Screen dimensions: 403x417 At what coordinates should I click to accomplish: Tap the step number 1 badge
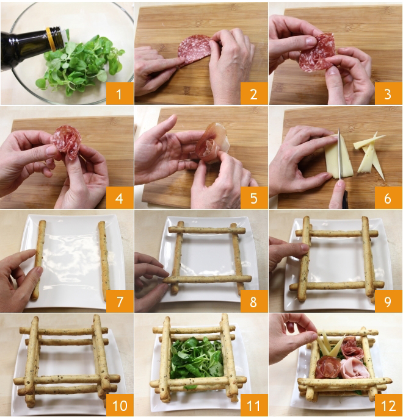click(x=120, y=93)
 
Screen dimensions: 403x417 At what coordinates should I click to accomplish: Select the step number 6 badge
click(x=388, y=198)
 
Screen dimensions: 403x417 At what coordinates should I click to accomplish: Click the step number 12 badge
click(x=388, y=405)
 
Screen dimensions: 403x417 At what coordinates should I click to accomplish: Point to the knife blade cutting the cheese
click(x=339, y=154)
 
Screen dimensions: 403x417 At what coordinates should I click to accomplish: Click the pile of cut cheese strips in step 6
click(x=369, y=155)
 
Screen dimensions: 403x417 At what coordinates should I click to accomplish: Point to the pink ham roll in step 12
click(x=355, y=368)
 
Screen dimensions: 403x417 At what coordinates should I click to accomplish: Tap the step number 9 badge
click(x=388, y=301)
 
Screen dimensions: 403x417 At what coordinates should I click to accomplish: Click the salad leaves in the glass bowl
click(x=80, y=65)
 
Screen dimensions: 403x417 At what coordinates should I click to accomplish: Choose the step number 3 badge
click(x=388, y=93)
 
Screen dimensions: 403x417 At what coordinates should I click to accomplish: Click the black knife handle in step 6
click(x=346, y=199)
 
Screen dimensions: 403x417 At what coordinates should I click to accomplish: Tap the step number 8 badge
click(x=253, y=301)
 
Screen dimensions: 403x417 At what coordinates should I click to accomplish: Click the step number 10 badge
click(x=120, y=405)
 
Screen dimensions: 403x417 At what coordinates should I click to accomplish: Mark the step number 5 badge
click(x=253, y=198)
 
